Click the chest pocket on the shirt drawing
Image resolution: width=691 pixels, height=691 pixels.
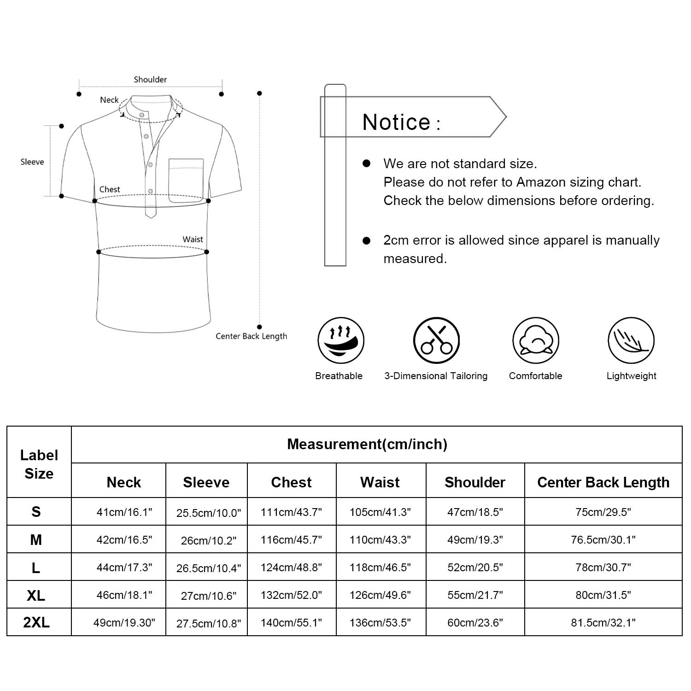(x=186, y=180)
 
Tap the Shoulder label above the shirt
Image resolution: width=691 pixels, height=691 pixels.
(x=150, y=80)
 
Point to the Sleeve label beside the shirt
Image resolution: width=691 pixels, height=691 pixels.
(x=32, y=162)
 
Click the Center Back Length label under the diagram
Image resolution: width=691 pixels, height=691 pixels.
(x=251, y=336)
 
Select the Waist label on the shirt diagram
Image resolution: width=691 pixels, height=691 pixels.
(x=193, y=239)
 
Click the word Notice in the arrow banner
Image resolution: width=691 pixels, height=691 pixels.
(x=396, y=123)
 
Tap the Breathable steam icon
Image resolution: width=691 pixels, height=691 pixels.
(x=340, y=341)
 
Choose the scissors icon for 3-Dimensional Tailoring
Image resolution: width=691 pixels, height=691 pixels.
(x=436, y=341)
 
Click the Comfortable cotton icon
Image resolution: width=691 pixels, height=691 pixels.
(x=535, y=341)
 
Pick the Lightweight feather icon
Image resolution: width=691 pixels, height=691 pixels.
(x=631, y=341)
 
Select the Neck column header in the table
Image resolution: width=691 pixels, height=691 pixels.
(x=123, y=482)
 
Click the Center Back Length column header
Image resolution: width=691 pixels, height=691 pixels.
(x=603, y=482)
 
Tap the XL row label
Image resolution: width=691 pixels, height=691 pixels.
(x=36, y=595)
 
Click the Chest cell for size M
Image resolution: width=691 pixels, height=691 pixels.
(x=291, y=539)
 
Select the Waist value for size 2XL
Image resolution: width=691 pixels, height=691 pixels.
(x=380, y=623)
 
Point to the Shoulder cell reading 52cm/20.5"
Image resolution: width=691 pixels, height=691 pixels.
(x=475, y=567)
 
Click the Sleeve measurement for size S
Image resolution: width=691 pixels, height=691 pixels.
(x=208, y=513)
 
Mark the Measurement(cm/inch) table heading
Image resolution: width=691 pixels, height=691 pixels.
(x=367, y=444)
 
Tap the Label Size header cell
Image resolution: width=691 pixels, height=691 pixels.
(x=39, y=464)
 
